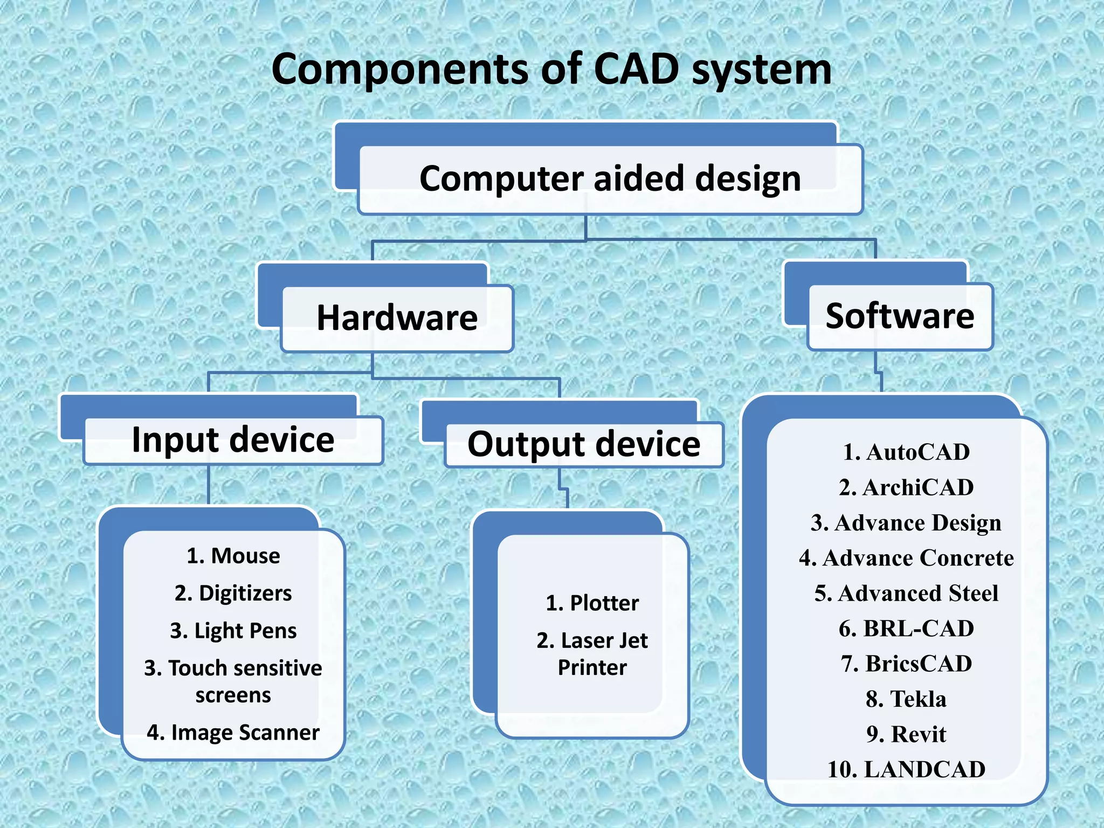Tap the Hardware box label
[397, 318]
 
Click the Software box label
[900, 316]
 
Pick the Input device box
[233, 440]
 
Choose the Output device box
[584, 444]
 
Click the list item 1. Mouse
[233, 556]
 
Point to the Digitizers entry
[233, 593]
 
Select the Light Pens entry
[233, 631]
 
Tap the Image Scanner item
[233, 733]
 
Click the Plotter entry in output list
[592, 603]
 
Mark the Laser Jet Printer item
[592, 653]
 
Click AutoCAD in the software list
[906, 452]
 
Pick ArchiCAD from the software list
[906, 487]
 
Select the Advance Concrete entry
[906, 558]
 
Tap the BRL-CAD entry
[906, 629]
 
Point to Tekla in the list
[906, 699]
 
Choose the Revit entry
[906, 734]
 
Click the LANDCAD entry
[906, 769]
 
